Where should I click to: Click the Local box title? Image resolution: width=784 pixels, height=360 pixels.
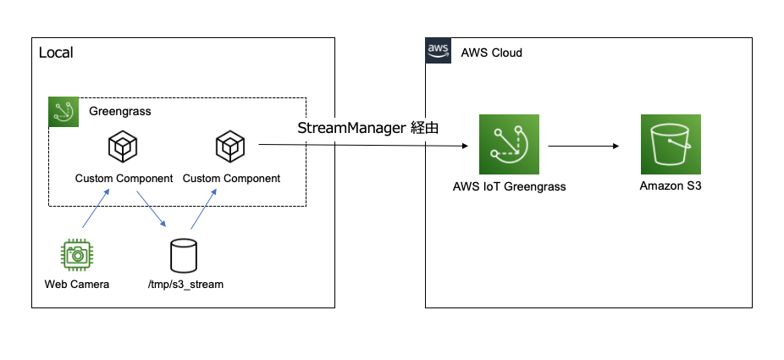click(56, 53)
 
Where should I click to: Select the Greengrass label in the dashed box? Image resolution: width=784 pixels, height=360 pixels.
click(120, 111)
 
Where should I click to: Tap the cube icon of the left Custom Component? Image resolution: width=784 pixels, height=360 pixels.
click(124, 147)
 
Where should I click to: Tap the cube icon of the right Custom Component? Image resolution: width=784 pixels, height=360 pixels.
click(230, 147)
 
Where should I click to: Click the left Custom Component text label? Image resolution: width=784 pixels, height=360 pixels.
click(124, 179)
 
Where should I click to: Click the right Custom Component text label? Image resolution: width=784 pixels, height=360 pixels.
click(231, 179)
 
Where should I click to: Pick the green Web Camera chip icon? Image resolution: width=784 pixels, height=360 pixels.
click(77, 254)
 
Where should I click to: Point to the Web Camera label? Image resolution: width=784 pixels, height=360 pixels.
click(77, 284)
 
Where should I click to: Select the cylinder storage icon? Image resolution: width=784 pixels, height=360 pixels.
click(183, 254)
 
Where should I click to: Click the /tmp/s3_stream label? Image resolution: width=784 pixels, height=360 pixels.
click(185, 284)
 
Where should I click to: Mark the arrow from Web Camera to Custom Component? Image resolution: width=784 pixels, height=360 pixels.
click(96, 208)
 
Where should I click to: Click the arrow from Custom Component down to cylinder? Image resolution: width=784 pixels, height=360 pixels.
click(149, 212)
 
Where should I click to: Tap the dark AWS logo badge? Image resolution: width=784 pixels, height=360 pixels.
click(438, 52)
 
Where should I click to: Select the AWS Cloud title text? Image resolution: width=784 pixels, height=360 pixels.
click(491, 53)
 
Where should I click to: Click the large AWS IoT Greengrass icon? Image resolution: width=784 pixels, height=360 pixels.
click(509, 146)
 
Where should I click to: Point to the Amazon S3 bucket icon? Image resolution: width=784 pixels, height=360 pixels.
click(671, 146)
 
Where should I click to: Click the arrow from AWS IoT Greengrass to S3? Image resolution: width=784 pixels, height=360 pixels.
click(583, 146)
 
